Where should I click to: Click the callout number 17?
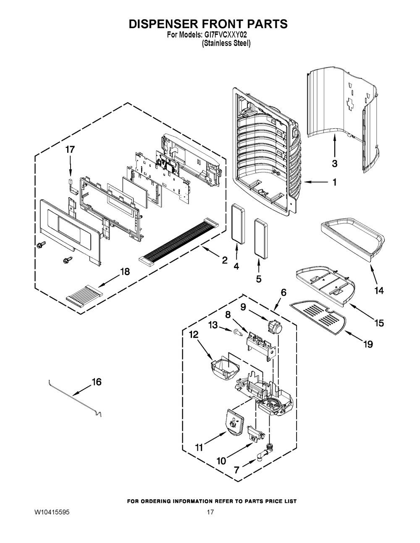tap(70, 149)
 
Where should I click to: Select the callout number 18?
tap(125, 271)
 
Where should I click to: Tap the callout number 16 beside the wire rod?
tap(96, 382)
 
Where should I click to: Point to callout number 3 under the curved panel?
tap(335, 163)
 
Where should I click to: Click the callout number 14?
tap(379, 290)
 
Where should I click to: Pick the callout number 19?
tap(367, 344)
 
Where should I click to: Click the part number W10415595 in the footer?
tap(52, 513)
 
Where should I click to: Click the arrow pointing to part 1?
tap(317, 182)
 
